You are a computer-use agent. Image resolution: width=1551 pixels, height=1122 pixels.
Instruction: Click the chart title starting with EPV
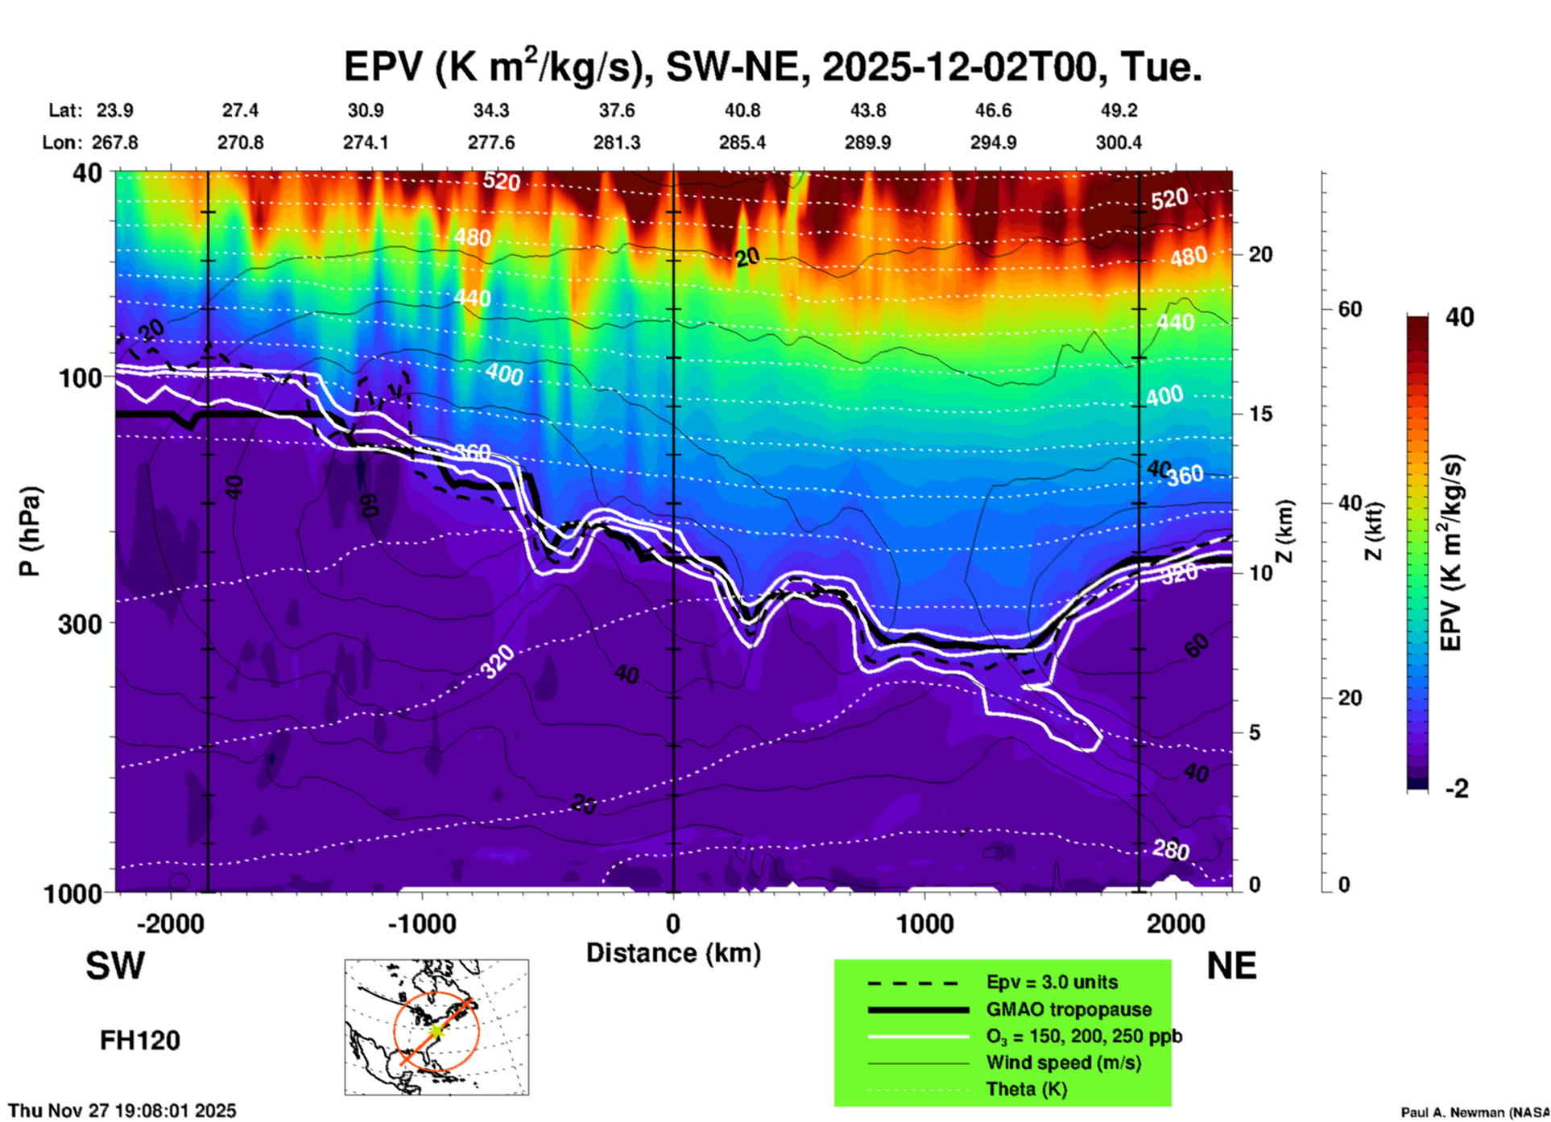tap(773, 66)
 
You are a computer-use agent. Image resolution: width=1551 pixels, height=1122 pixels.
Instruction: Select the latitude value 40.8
tap(742, 110)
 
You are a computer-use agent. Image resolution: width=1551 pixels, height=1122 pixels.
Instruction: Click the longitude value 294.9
tap(993, 142)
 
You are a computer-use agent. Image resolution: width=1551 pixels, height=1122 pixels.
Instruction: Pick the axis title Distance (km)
tap(673, 953)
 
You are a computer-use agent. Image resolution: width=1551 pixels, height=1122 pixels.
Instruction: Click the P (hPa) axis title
tap(30, 531)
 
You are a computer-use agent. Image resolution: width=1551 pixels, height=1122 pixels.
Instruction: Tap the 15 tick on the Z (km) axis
tap(1259, 414)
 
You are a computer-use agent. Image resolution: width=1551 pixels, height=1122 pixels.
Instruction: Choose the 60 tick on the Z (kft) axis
tap(1349, 309)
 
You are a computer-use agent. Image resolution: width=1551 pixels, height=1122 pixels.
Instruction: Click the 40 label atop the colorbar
tap(1459, 317)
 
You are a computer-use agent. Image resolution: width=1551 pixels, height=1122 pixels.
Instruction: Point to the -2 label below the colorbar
tap(1457, 789)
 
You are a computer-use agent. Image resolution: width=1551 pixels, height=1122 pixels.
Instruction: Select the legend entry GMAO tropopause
tap(1069, 1009)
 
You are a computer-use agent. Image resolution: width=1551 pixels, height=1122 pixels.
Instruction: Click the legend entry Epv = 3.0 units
tap(1052, 983)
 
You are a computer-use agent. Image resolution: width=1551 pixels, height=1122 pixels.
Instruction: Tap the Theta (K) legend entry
tap(1026, 1090)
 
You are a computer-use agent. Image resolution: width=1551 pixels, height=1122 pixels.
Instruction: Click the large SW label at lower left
tap(115, 966)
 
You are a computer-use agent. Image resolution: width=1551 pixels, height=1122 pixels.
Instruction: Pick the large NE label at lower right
tap(1231, 966)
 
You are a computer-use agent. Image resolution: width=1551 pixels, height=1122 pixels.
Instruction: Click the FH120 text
tap(140, 1041)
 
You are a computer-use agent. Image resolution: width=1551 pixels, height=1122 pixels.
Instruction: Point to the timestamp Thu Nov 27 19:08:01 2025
tap(122, 1111)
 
